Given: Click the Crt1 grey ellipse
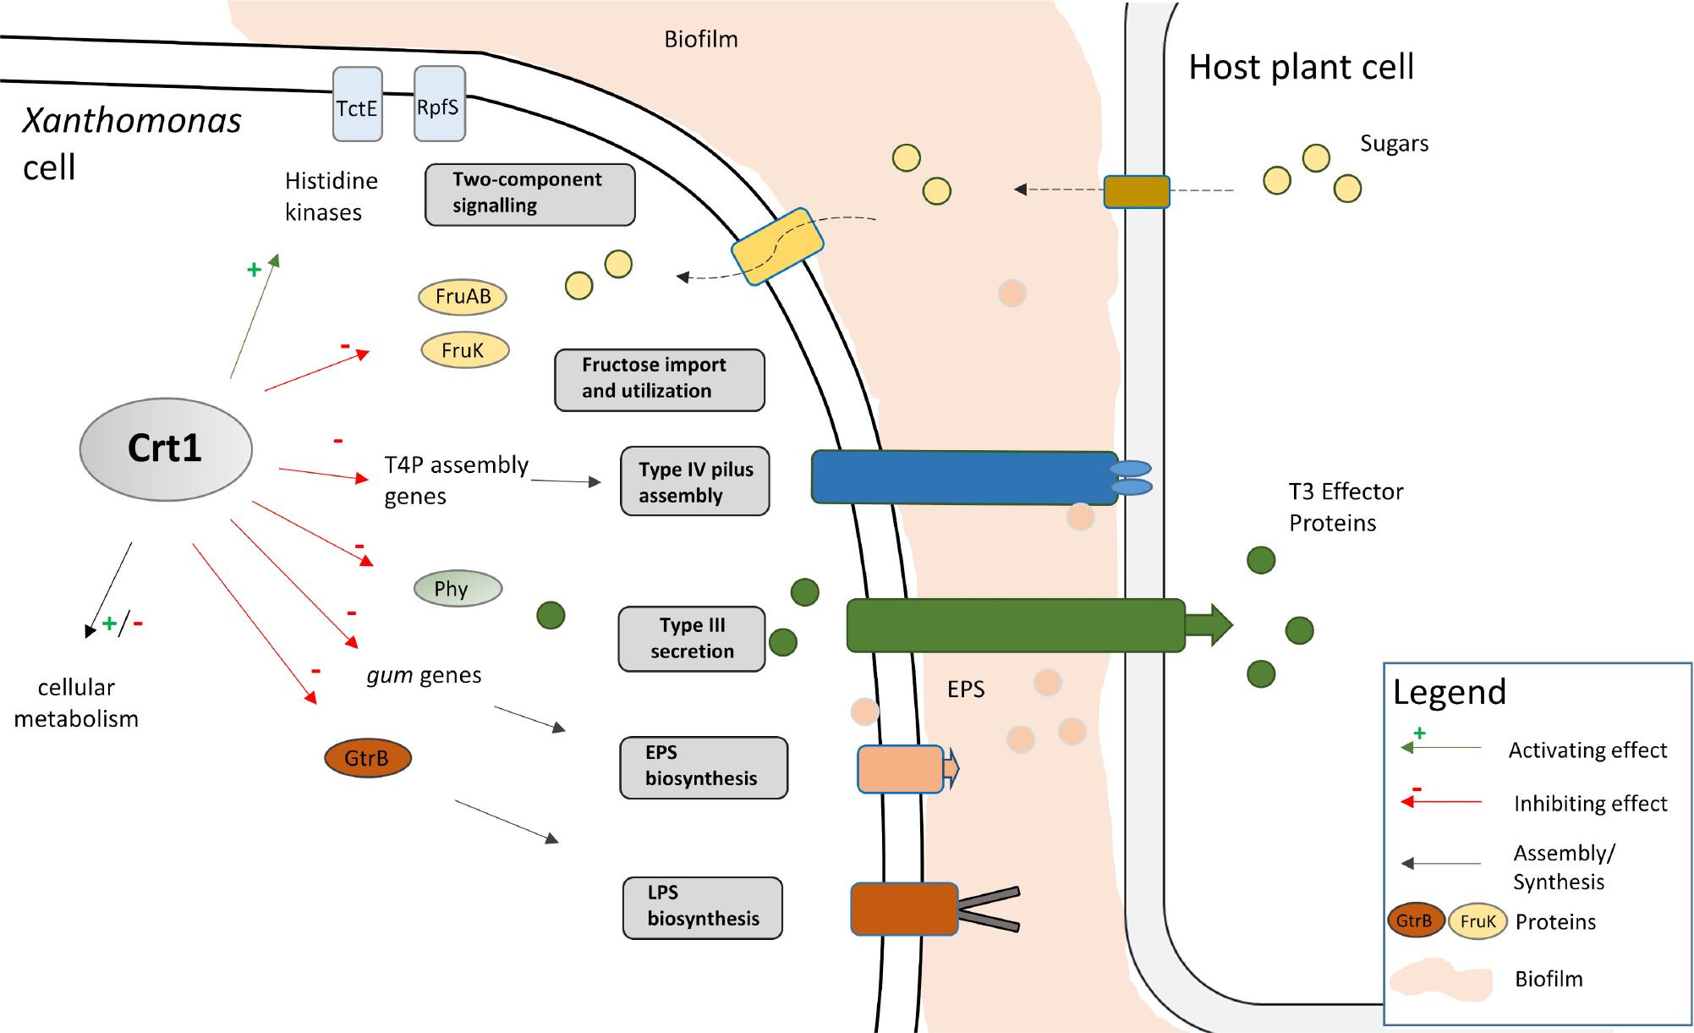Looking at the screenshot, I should pos(166,448).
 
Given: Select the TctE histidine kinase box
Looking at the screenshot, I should pos(357,104).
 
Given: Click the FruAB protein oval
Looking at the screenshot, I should pos(463,297).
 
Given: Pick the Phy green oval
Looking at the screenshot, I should pos(458,589).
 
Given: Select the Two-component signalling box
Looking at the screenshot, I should pos(529,195).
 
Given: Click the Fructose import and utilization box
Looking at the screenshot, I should pos(659,380).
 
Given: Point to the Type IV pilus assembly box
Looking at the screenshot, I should pos(694,481).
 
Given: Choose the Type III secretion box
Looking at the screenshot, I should pos(691,639).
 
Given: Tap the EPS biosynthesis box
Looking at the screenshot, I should pos(703,767).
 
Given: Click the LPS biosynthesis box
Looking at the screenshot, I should pos(702,907).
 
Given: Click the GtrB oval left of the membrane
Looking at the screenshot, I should pos(368,758).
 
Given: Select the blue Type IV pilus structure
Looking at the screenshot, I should pos(964,478).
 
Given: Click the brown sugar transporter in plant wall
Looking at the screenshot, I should pos(1137,192).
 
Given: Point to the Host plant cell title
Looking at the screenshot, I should pos(1301,67).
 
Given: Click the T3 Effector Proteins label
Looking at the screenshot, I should pos(1345,507).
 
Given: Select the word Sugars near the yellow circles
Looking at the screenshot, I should pos(1394,144).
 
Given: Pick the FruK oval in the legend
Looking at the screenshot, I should pos(1477,921).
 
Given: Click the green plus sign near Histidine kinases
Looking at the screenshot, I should pos(254,270).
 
